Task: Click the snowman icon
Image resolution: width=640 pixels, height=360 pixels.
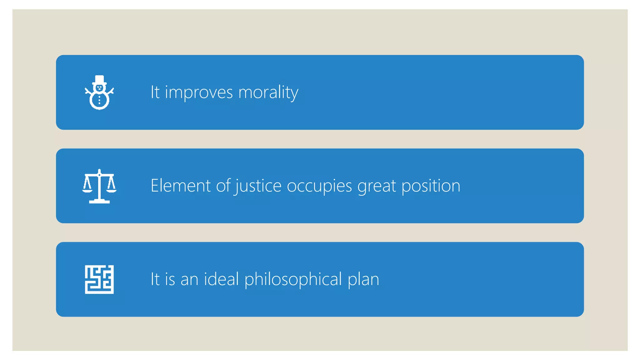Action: click(99, 93)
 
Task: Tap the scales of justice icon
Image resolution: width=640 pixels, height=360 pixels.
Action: click(99, 186)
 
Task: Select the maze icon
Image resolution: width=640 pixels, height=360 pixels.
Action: click(99, 279)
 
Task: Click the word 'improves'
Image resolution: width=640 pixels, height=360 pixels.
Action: click(199, 92)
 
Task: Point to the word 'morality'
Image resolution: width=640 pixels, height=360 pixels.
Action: click(268, 92)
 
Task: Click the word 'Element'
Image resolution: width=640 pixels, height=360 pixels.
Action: click(181, 186)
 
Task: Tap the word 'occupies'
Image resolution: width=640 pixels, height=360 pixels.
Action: click(319, 186)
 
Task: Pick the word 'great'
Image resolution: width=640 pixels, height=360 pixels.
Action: click(377, 186)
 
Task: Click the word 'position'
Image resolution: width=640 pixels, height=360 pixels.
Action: click(431, 186)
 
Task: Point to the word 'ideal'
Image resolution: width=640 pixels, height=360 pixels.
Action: click(221, 279)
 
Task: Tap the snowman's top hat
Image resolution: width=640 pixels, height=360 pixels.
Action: click(99, 79)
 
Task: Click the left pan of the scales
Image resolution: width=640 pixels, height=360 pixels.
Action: click(87, 189)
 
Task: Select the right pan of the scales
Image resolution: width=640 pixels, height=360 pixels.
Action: click(112, 189)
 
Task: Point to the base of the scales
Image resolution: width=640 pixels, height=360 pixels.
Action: click(99, 202)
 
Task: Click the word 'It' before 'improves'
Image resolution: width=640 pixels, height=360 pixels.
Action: click(155, 92)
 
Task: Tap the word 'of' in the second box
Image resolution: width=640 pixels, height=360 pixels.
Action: click(223, 186)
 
